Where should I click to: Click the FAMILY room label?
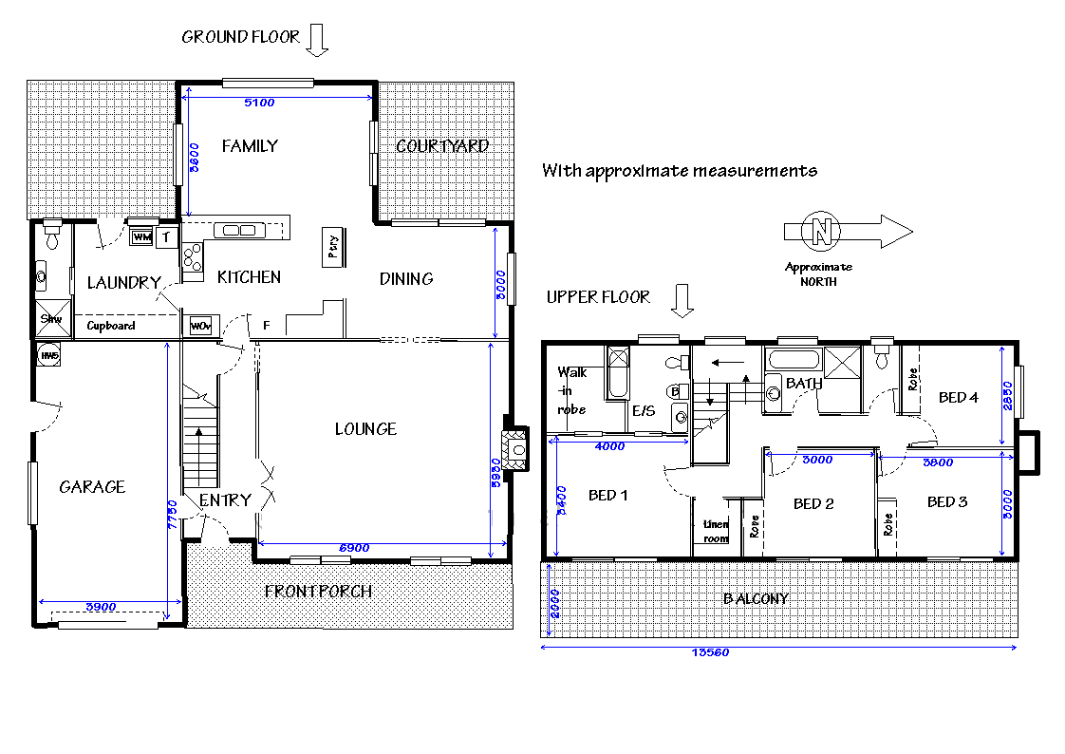coord(250,145)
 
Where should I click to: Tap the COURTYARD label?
coord(442,145)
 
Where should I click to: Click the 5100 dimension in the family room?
coord(259,102)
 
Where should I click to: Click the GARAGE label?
coord(92,486)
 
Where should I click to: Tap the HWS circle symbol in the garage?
coord(48,355)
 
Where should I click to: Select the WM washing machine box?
coord(141,236)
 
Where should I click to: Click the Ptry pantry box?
coord(333,246)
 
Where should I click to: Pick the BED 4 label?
coord(958,397)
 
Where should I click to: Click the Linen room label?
coord(716,531)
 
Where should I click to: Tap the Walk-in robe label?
coord(572,390)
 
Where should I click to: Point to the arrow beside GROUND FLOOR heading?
coord(317,40)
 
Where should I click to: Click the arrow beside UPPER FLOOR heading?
coord(682,299)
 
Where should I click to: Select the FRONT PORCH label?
coord(318,591)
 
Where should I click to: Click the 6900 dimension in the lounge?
coord(353,548)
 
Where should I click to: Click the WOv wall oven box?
coord(200,326)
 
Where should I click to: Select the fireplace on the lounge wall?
coord(517,449)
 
